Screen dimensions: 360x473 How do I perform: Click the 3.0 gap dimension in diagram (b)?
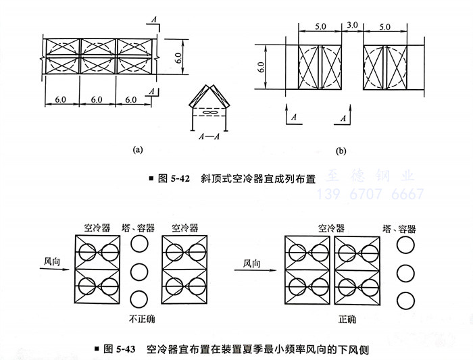[351, 25]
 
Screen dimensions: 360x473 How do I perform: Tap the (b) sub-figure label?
[341, 150]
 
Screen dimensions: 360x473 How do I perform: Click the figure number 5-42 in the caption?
[179, 179]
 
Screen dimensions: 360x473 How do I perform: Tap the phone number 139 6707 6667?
[376, 195]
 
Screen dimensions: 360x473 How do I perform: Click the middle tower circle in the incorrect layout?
[139, 272]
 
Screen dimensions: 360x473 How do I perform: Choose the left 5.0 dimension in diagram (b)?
[320, 25]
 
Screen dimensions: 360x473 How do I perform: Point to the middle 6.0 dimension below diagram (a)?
[97, 99]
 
